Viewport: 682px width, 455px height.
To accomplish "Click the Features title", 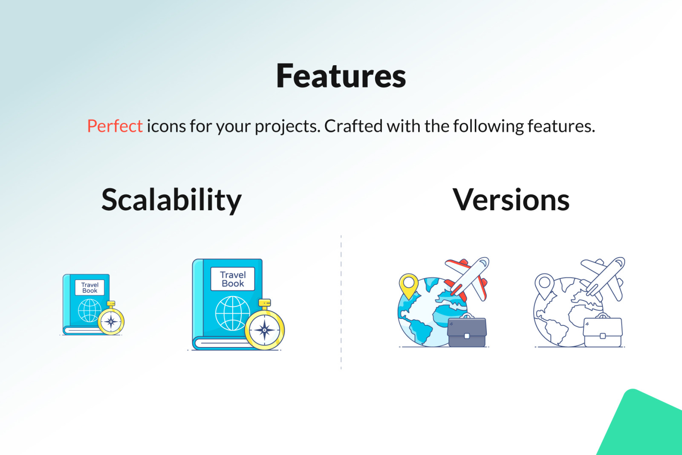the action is pos(341,76).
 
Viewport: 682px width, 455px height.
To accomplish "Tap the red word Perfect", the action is pos(115,126).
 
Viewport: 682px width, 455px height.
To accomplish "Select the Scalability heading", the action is pos(171,200).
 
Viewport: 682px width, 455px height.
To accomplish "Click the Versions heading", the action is pos(511,200).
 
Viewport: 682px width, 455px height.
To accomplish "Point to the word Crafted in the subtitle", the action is pos(353,126).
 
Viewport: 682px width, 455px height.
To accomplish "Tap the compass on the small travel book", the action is pos(111,319).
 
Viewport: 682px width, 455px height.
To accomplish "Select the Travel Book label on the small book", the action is pos(90,287).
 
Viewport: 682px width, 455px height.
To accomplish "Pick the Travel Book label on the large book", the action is pos(233,279).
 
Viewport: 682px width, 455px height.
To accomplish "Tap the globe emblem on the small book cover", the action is pos(89,310).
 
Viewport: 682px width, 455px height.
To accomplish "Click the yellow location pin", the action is pos(409,286).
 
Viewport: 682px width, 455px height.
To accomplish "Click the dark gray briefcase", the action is pos(467,330).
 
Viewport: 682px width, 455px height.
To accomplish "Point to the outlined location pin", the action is pos(544,286).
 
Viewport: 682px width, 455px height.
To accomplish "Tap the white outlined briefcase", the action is pos(603,330).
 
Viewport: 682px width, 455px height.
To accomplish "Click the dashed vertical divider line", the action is pos(341,302).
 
